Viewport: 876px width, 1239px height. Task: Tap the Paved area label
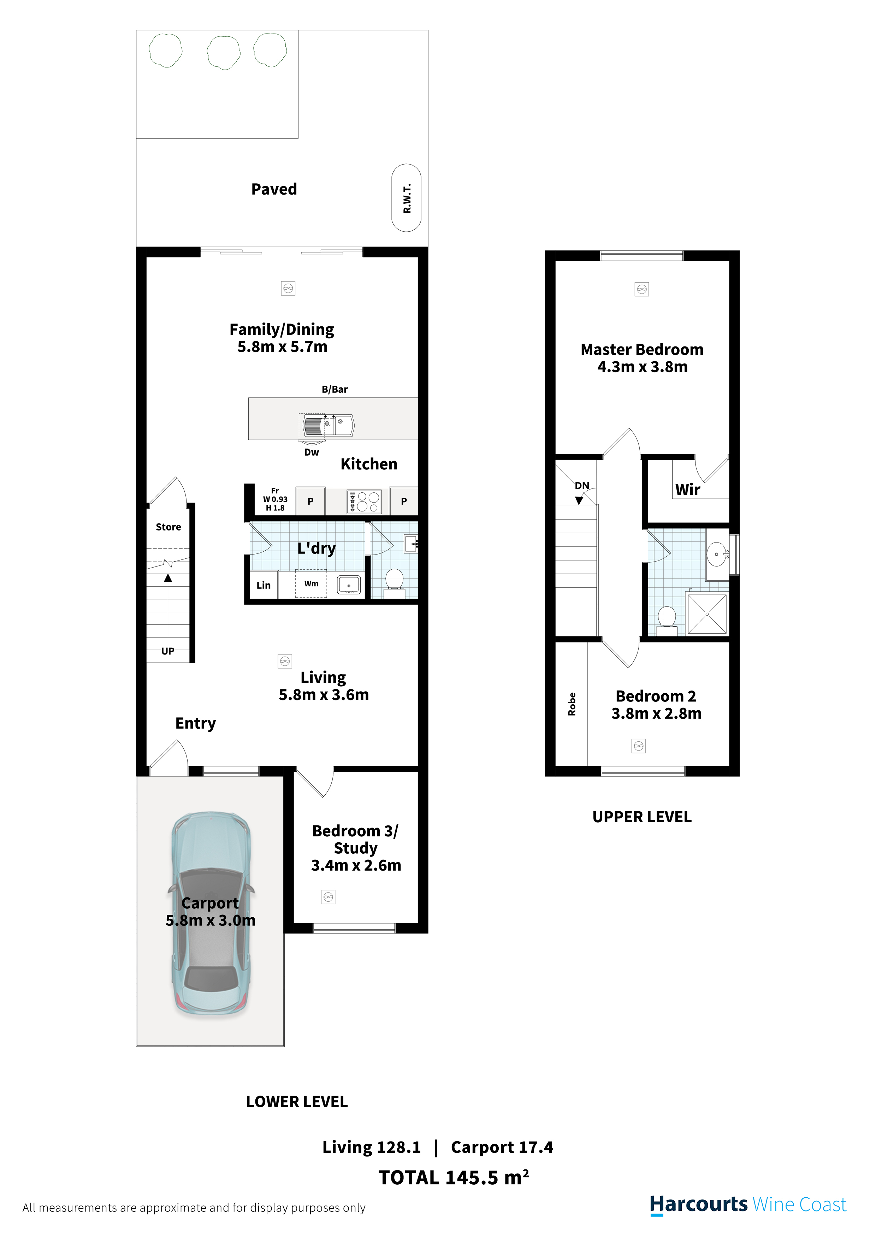click(274, 189)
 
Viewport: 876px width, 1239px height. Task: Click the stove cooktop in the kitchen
click(364, 502)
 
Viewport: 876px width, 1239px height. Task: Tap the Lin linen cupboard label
click(264, 586)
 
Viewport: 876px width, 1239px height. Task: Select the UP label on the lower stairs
click(168, 651)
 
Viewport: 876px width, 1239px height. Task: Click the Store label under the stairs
click(168, 527)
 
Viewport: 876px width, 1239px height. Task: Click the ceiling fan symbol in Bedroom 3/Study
click(328, 897)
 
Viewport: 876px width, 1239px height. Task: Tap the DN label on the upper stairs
click(582, 486)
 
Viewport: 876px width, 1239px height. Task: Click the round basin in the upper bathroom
click(716, 554)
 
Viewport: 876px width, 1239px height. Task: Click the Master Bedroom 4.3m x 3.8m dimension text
click(642, 367)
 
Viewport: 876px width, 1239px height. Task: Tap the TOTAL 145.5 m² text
click(454, 1178)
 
